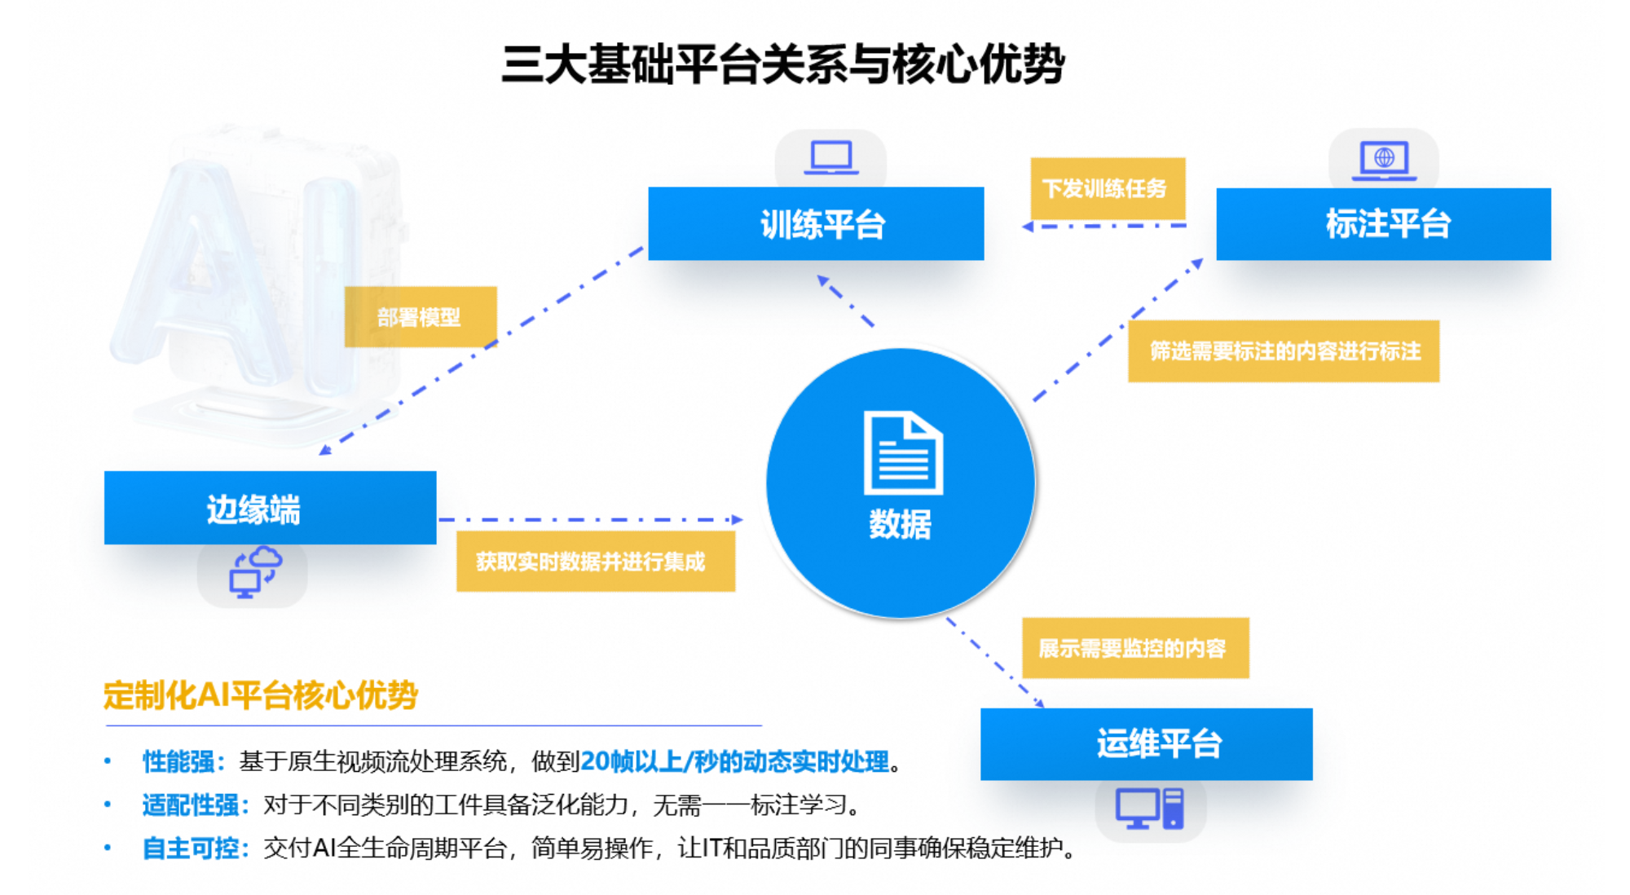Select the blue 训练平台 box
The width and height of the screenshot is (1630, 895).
(x=816, y=224)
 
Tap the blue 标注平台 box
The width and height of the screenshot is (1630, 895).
(x=1383, y=224)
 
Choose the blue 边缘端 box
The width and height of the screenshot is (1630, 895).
(x=270, y=508)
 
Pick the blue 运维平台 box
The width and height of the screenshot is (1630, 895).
(x=1146, y=743)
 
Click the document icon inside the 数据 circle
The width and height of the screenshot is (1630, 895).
(x=902, y=453)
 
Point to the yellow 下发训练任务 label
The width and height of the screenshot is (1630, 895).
(x=1107, y=188)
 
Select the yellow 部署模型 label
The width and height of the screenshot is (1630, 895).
(x=420, y=317)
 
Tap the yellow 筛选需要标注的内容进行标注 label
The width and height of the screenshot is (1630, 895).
(x=1284, y=351)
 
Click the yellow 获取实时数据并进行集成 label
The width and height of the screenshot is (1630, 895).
(x=595, y=562)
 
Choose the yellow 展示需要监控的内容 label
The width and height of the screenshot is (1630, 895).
(x=1134, y=648)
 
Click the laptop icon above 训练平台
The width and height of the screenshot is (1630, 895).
(x=830, y=157)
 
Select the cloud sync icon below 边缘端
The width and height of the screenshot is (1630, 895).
(x=254, y=573)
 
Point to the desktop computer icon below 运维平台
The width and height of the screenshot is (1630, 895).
(x=1149, y=809)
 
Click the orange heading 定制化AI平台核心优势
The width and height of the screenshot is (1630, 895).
(x=260, y=695)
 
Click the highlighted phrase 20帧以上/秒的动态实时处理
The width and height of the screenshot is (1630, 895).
(x=734, y=761)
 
